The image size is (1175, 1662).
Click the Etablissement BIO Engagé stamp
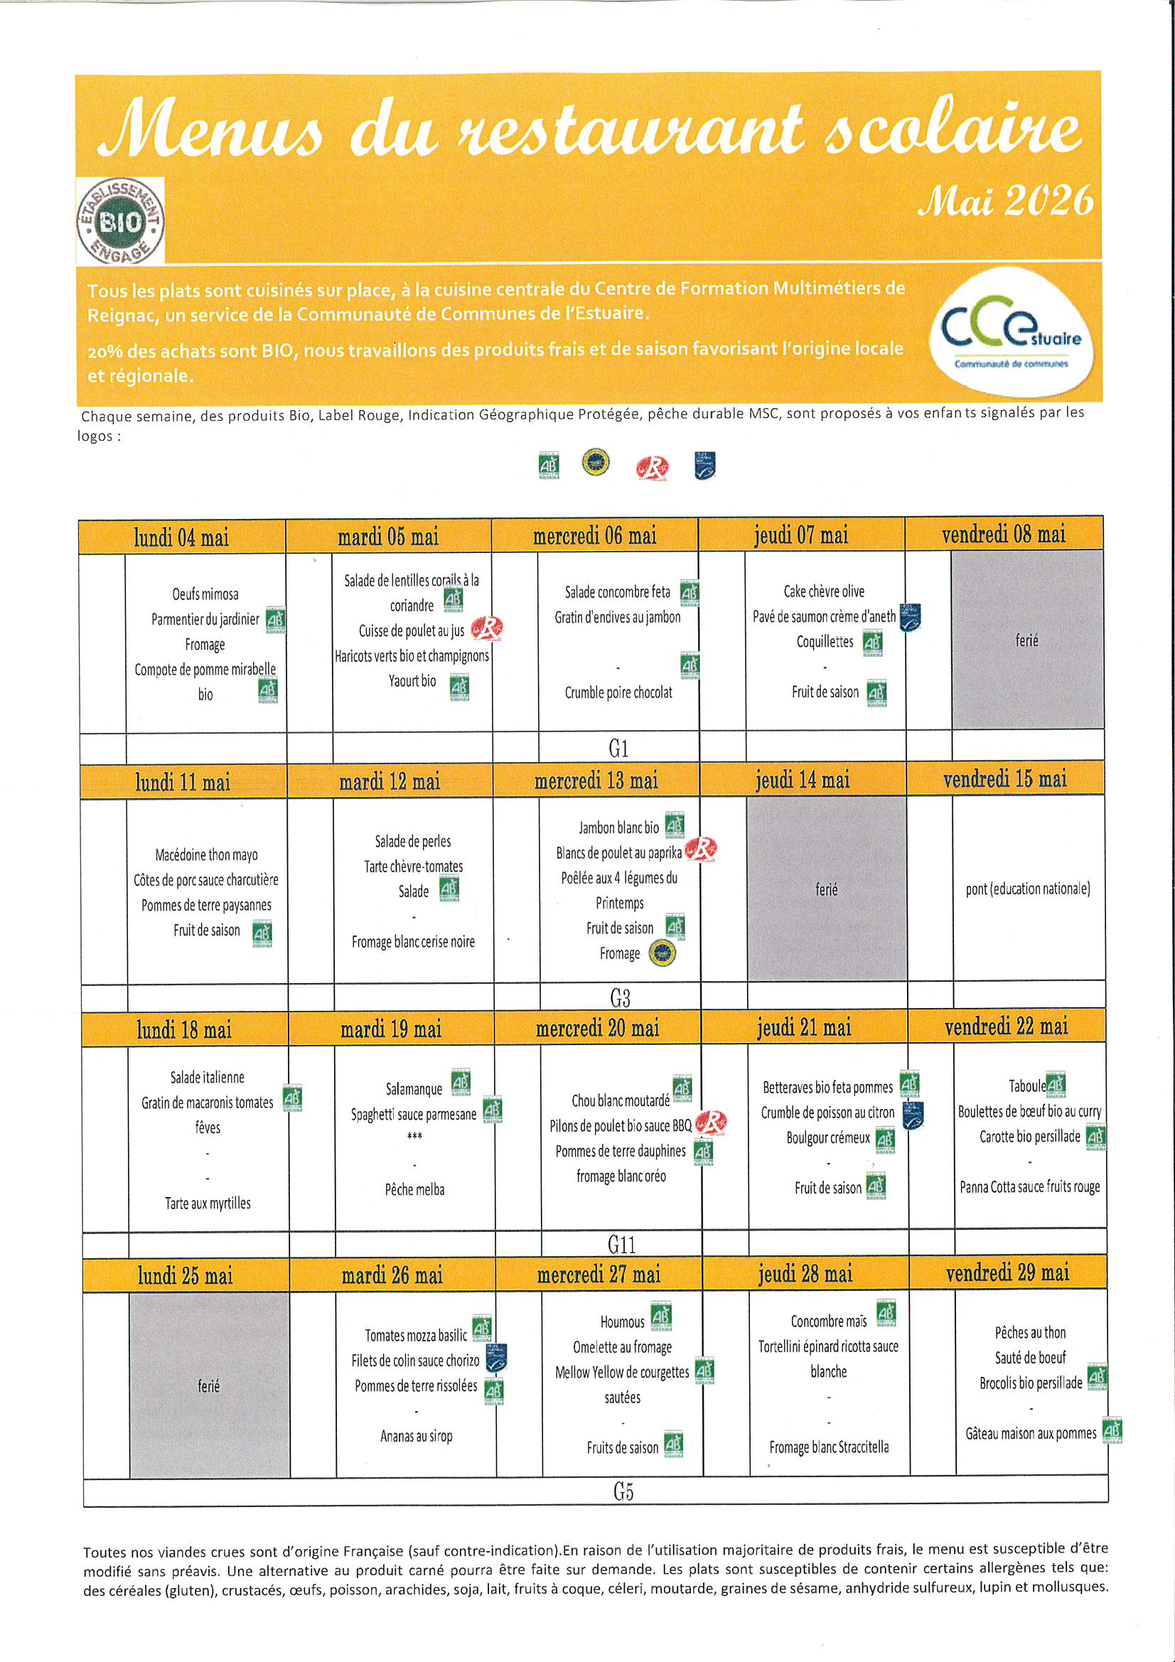pos(120,221)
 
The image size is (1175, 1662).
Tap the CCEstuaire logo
pos(1011,332)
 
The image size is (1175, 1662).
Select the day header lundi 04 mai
pos(181,538)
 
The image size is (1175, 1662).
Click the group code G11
pos(621,1244)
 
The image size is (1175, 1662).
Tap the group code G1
pos(618,747)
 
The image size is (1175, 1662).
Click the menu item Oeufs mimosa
pos(205,594)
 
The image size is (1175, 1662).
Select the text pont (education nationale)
pos(1027,889)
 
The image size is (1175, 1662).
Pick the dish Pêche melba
pos(414,1189)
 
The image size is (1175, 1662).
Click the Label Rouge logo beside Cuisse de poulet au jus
pos(486,629)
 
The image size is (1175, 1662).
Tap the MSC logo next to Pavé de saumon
pos(910,618)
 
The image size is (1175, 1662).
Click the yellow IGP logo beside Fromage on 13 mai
pos(661,953)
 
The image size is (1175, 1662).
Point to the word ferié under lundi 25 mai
pos(208,1385)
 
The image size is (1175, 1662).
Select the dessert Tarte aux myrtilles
pos(208,1203)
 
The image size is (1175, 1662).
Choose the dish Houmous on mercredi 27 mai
pos(622,1321)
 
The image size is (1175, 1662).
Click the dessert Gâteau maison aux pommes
pos(1030,1433)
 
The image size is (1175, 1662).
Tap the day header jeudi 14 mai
pos(802,781)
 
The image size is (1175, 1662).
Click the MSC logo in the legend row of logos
pos(704,466)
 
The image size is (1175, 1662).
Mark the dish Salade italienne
pos(207,1077)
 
